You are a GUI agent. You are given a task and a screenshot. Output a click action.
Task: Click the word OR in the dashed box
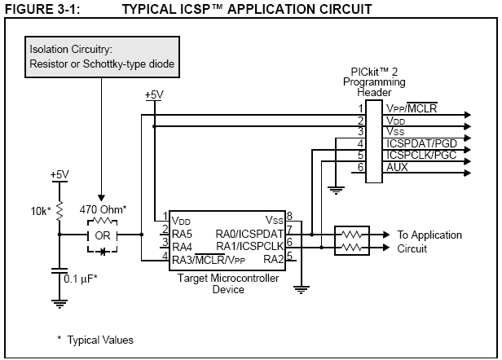[x=102, y=235]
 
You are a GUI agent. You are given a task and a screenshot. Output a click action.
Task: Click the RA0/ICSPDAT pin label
[x=247, y=233]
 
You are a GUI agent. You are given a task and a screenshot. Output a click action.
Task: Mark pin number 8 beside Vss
[x=289, y=217]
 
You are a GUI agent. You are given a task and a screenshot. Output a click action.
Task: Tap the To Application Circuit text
[x=429, y=241]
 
